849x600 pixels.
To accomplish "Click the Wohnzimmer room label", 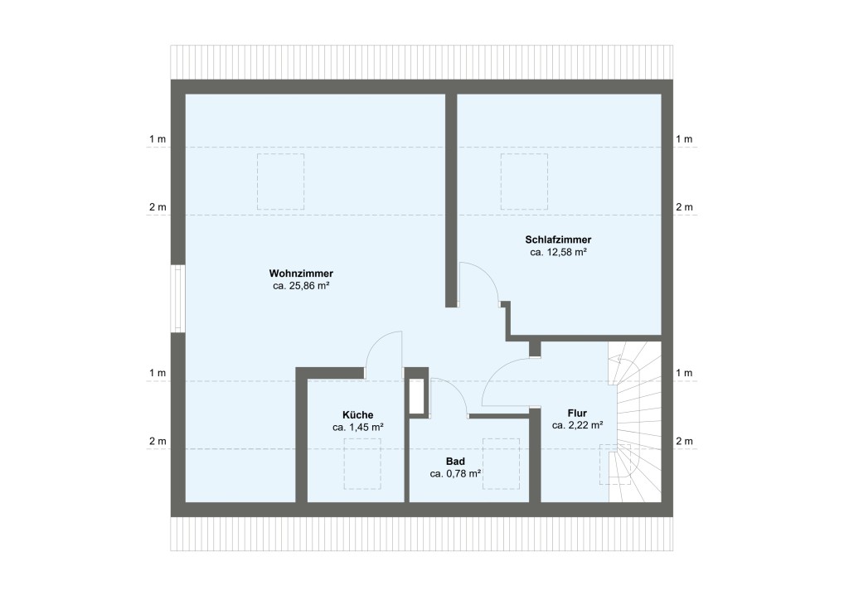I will point(301,273).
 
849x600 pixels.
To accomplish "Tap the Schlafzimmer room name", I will point(558,239).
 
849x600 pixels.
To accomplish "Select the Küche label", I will point(357,414).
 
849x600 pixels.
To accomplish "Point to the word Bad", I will point(455,461).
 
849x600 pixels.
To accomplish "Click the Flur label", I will point(577,412).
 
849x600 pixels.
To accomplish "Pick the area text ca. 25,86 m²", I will point(301,286).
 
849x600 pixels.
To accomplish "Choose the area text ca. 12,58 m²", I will point(558,252).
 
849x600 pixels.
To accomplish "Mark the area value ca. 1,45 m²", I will point(357,428).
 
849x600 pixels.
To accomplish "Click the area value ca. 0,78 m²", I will point(455,474).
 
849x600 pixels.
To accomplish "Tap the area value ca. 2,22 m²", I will point(577,425).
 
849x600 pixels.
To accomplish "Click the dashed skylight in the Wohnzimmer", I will point(282,181).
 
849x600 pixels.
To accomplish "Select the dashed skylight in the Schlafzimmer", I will point(524,181).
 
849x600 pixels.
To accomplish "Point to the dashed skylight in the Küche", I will point(363,463).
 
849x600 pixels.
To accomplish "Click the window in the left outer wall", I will point(177,298).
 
